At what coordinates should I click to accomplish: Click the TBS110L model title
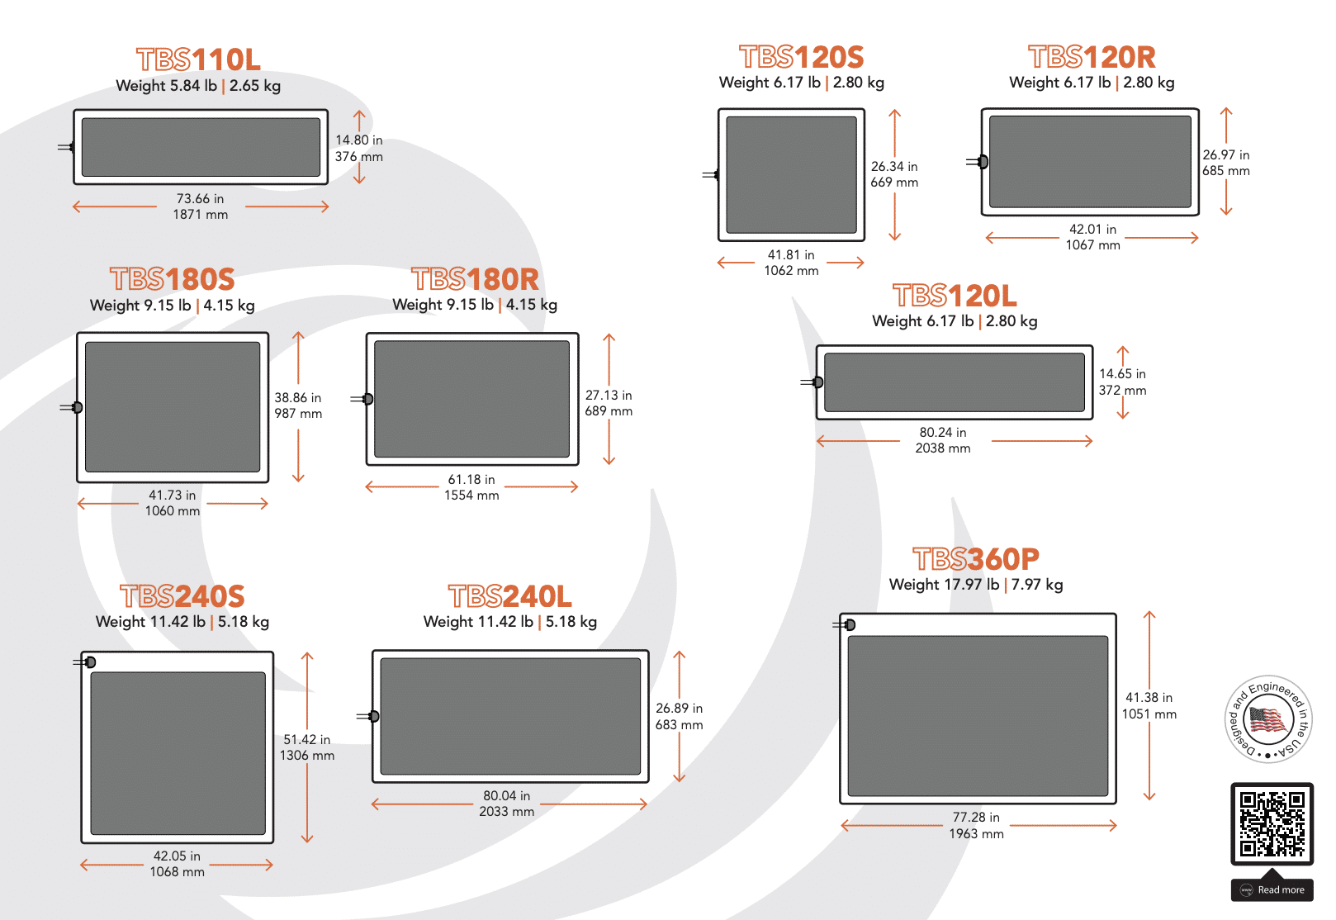(x=198, y=59)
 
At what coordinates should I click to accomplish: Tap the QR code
(x=1272, y=823)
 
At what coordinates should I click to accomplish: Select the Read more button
(x=1272, y=889)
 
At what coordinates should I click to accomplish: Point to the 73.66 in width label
(x=200, y=199)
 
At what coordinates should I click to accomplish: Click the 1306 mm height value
(x=307, y=756)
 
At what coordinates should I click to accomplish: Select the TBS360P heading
(x=976, y=559)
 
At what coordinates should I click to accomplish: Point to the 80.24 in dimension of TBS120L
(x=942, y=433)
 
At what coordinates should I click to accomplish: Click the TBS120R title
(x=1092, y=57)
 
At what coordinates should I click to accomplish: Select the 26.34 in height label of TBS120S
(x=894, y=167)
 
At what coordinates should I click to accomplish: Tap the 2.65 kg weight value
(x=254, y=86)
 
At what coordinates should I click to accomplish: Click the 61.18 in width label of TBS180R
(x=471, y=480)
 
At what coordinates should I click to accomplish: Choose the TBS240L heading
(x=510, y=596)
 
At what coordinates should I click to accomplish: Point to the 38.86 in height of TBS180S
(x=297, y=398)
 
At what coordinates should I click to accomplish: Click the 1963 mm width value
(x=976, y=834)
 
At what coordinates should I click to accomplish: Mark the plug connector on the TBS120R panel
(x=978, y=162)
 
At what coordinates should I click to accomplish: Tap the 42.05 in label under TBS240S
(x=177, y=856)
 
